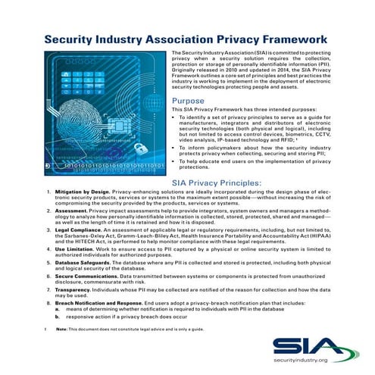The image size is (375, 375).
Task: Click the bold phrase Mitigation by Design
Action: click(x=83, y=192)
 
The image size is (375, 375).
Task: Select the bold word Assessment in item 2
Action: click(x=73, y=210)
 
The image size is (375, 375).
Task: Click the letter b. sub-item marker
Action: click(x=58, y=316)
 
